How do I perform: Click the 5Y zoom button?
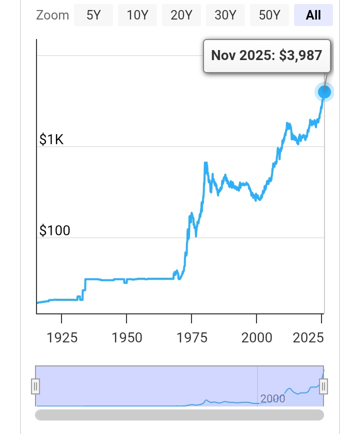(93, 15)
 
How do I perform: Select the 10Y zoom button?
(137, 15)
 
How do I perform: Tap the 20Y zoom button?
(181, 15)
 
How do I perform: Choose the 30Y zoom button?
(225, 15)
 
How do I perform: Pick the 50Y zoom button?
(269, 15)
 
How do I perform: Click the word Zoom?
(52, 15)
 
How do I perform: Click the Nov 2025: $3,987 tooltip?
(266, 56)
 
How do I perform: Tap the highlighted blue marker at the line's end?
(324, 92)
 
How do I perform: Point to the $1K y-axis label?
(51, 140)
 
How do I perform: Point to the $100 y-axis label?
(55, 231)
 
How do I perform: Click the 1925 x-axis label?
(62, 337)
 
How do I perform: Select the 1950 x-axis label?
(126, 337)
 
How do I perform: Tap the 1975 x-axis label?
(191, 337)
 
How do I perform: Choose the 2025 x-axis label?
(307, 337)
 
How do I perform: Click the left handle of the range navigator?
(35, 386)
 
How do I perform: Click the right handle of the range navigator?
(323, 386)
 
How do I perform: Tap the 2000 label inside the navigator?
(272, 398)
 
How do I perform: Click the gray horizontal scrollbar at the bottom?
(179, 415)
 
